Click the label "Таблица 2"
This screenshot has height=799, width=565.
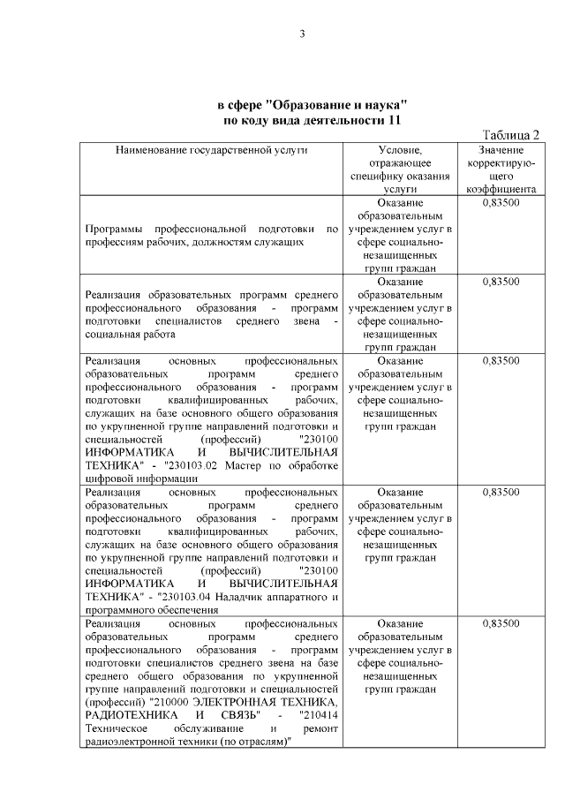(x=508, y=134)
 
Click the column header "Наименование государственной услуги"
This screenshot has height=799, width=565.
(x=212, y=151)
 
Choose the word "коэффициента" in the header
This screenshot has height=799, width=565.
(x=501, y=188)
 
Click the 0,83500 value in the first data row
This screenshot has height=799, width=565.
(x=501, y=203)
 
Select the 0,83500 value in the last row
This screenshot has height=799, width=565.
(x=501, y=623)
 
